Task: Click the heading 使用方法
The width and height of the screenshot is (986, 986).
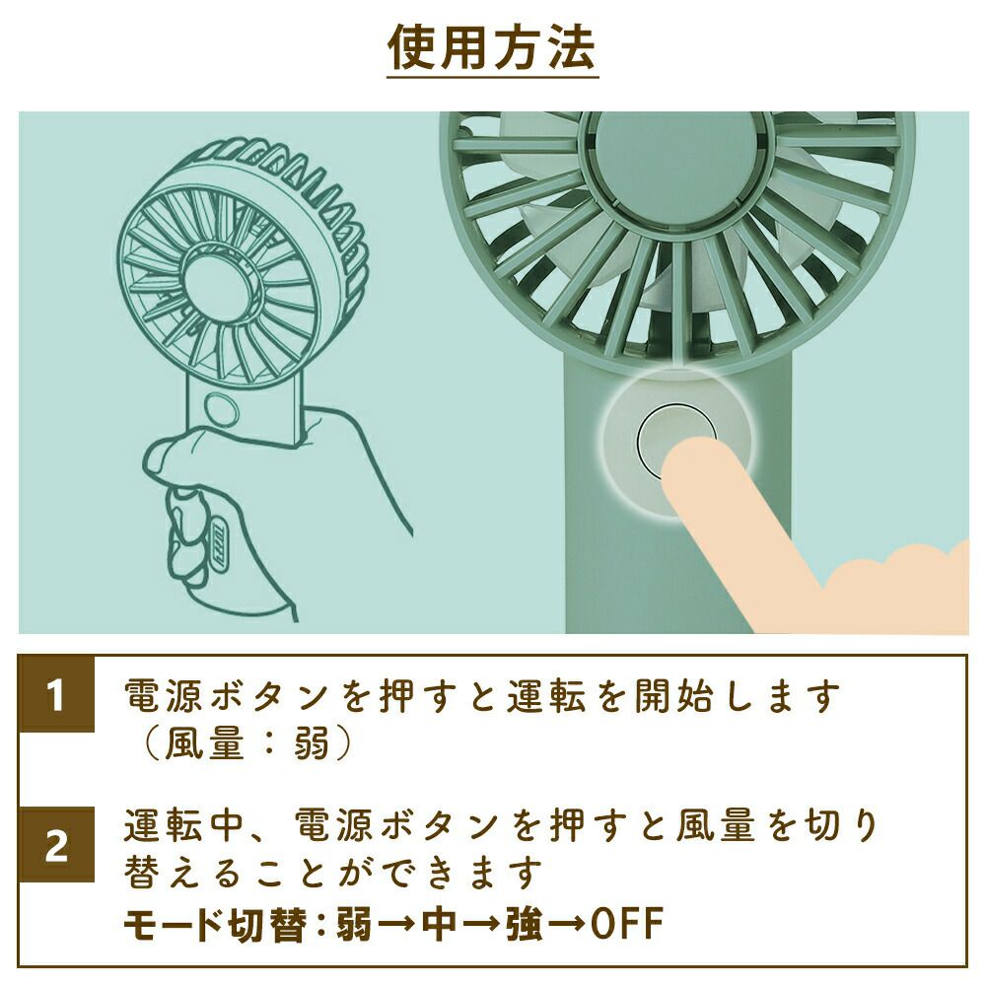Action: tap(492, 47)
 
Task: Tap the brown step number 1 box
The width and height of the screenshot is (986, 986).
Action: tap(56, 694)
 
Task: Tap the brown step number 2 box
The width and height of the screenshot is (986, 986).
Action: tap(56, 845)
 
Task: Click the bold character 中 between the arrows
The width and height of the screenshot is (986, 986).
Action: tap(439, 923)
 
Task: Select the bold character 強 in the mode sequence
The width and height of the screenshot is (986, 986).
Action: tap(524, 923)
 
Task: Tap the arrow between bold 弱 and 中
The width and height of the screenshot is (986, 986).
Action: tap(396, 924)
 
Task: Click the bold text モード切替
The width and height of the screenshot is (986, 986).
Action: tap(215, 923)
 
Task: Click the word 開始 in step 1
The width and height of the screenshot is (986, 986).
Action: tap(674, 696)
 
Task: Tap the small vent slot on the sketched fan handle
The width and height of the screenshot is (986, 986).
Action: tap(223, 542)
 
